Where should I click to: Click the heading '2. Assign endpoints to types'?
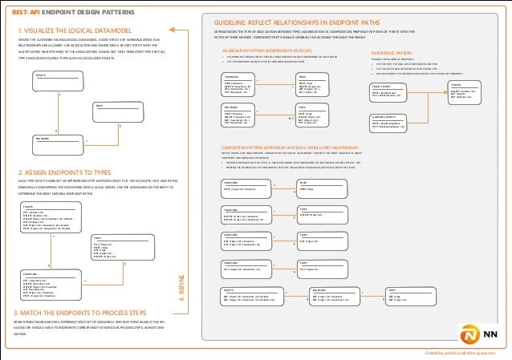55,172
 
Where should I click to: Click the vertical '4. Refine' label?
181,284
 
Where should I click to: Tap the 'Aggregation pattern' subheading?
256,50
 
